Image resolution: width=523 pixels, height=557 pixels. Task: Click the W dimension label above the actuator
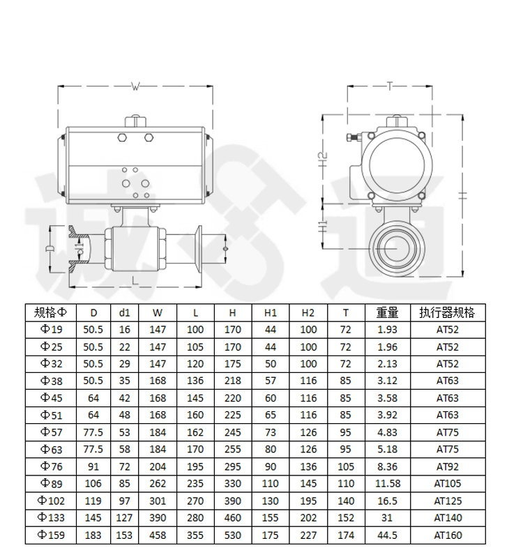[x=135, y=86]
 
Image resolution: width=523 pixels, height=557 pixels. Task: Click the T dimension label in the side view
[x=390, y=86]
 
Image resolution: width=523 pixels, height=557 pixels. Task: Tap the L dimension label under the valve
[x=135, y=281]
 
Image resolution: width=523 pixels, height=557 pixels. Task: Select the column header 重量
[x=387, y=312]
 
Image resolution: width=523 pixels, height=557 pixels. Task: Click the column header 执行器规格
[x=447, y=312]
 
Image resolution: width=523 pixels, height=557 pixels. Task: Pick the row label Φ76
[x=52, y=466]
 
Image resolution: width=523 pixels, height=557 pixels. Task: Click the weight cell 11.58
[x=388, y=483]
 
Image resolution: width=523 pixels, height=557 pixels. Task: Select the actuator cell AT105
[x=448, y=483]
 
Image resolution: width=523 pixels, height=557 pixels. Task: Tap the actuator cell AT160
[x=448, y=535]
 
